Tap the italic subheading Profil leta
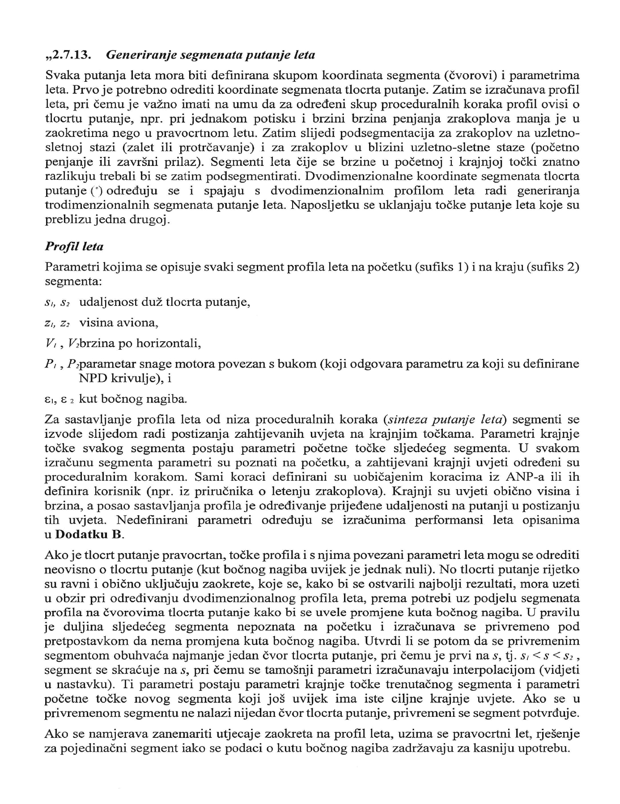point(74,246)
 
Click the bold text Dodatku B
point(89,534)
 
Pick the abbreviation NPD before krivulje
point(90,378)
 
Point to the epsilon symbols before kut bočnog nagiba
point(59,399)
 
